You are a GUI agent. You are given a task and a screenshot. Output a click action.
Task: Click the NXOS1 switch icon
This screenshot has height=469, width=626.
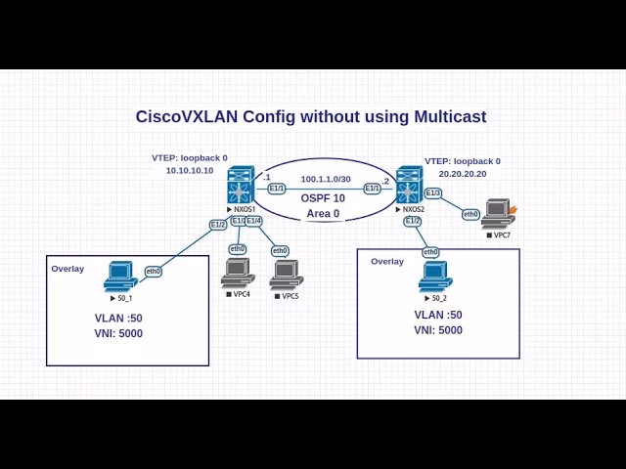[241, 186]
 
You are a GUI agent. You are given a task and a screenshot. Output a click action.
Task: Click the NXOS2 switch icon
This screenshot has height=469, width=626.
[409, 186]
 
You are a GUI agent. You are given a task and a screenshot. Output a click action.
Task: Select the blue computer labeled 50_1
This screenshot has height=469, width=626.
[120, 277]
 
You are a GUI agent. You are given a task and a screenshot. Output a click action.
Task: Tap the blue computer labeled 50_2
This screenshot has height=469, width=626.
[434, 277]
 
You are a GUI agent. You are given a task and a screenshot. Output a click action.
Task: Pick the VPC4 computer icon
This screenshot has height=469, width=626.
[237, 274]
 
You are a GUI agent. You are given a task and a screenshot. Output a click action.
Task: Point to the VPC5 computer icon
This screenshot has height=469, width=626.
[286, 275]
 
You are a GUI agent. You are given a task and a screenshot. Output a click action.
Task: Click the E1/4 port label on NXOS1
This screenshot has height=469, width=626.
[253, 222]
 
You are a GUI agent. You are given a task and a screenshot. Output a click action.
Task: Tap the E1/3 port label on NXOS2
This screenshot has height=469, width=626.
[433, 192]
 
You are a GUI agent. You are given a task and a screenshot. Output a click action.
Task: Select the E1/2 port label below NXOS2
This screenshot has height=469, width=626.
[413, 221]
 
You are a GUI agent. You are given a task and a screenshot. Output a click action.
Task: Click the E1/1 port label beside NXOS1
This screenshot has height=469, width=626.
[276, 189]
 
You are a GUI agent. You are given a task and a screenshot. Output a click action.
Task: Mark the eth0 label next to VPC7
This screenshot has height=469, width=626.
[470, 214]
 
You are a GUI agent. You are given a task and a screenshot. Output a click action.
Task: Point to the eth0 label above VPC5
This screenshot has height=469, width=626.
[280, 251]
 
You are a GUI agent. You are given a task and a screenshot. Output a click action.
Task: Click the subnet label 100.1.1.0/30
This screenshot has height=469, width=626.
[326, 179]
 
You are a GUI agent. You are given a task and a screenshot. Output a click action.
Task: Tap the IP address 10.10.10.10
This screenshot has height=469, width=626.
[189, 170]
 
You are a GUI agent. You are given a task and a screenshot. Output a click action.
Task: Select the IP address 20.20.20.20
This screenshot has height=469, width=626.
[462, 174]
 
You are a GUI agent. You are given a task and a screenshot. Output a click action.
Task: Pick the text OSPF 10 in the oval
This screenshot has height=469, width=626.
[323, 198]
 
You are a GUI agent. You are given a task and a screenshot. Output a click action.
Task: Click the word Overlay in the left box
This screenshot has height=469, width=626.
[67, 269]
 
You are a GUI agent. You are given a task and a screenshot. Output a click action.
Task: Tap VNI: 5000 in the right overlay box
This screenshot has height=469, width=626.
[438, 330]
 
